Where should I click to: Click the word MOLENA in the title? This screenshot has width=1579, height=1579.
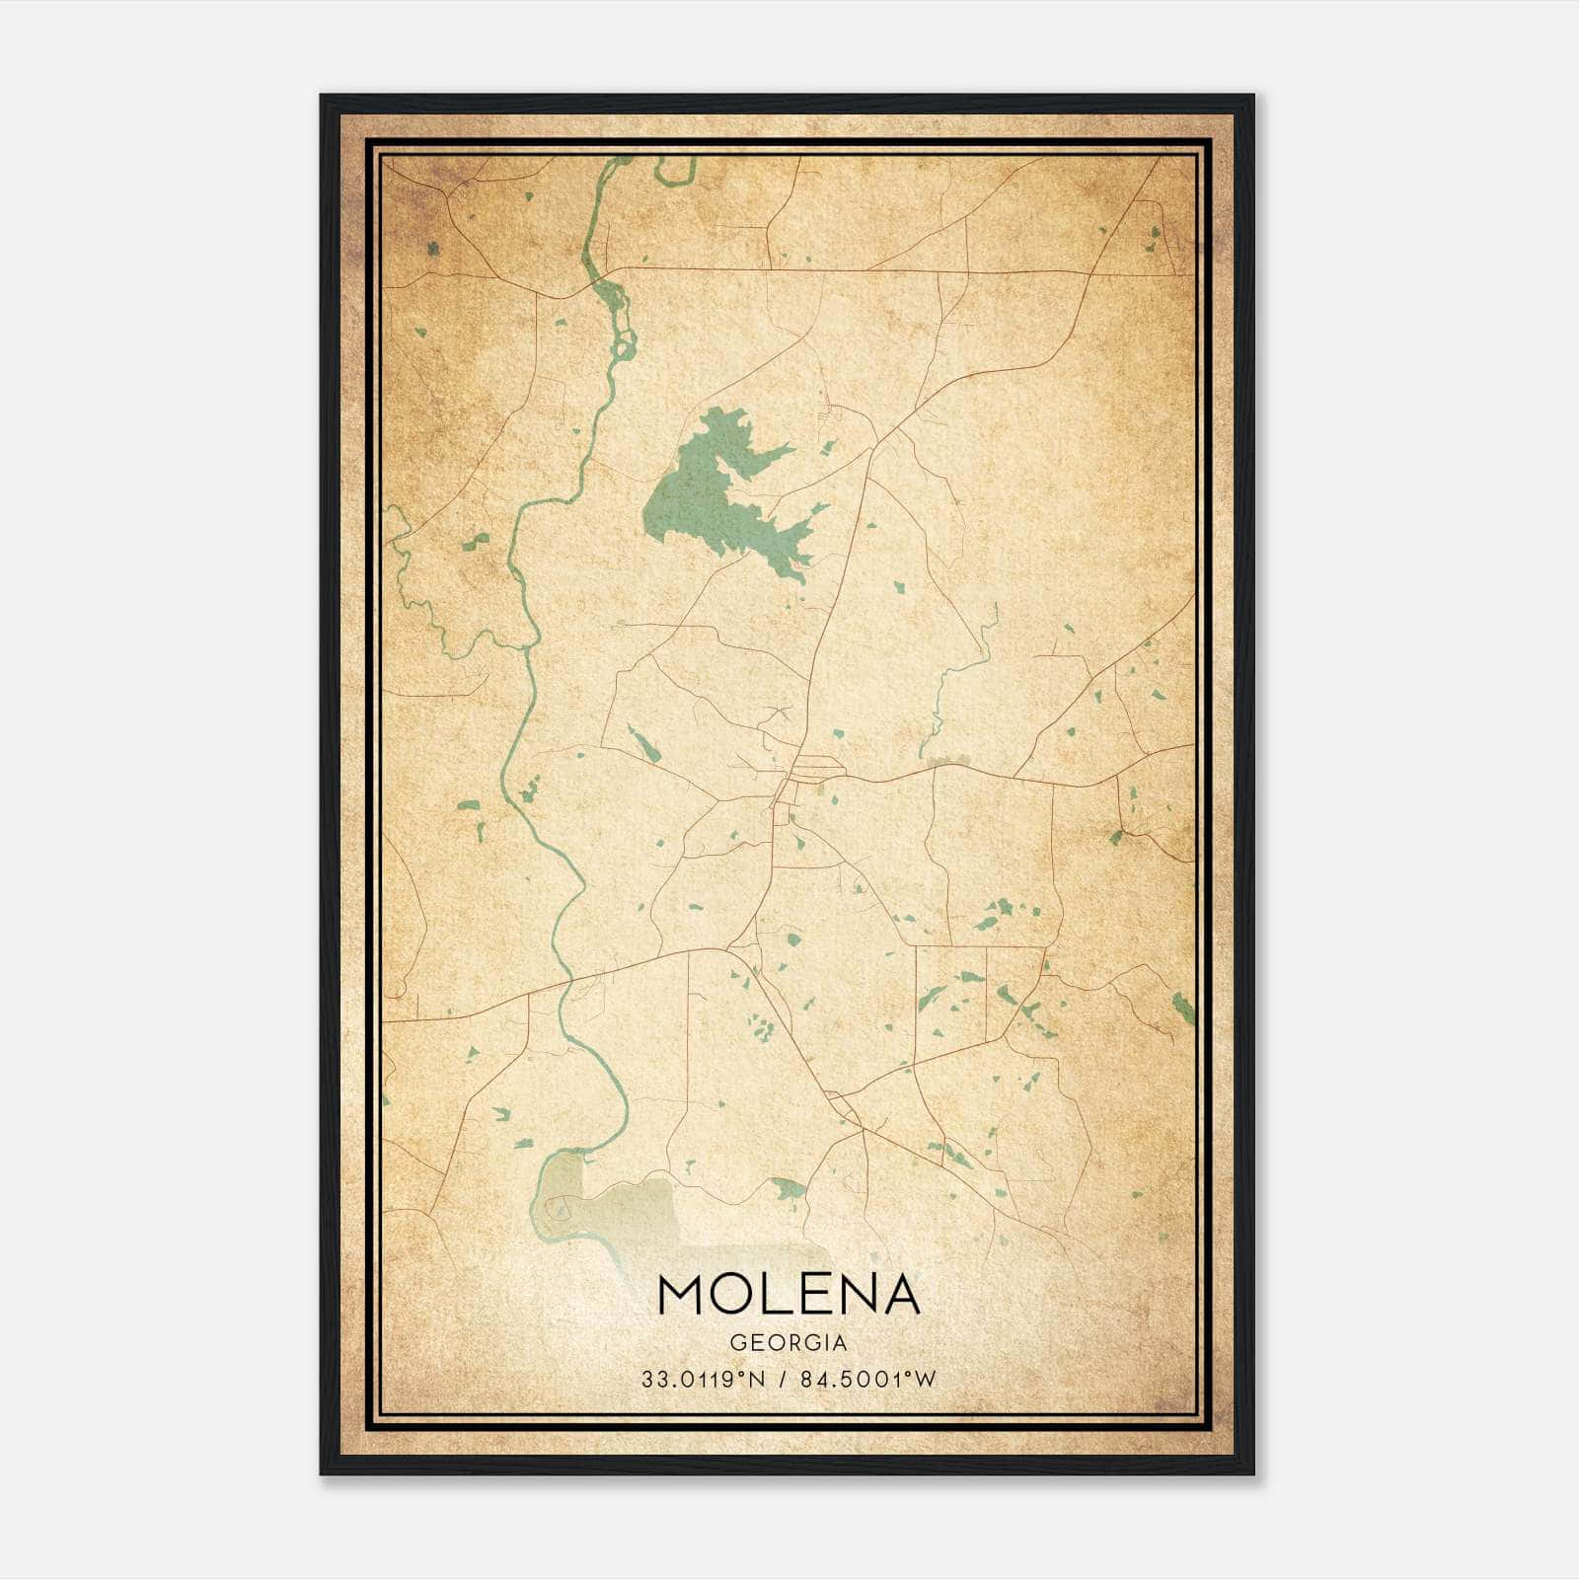click(789, 1296)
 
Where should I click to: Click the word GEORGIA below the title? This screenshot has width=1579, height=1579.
click(789, 1343)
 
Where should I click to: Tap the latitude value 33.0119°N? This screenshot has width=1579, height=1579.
click(703, 1380)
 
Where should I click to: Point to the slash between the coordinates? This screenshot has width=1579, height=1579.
click(784, 1380)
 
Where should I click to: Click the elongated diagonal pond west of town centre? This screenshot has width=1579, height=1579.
click(643, 744)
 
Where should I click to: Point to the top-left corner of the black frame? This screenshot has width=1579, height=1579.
click(322, 97)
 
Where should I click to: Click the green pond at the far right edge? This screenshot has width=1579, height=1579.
click(1182, 1007)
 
